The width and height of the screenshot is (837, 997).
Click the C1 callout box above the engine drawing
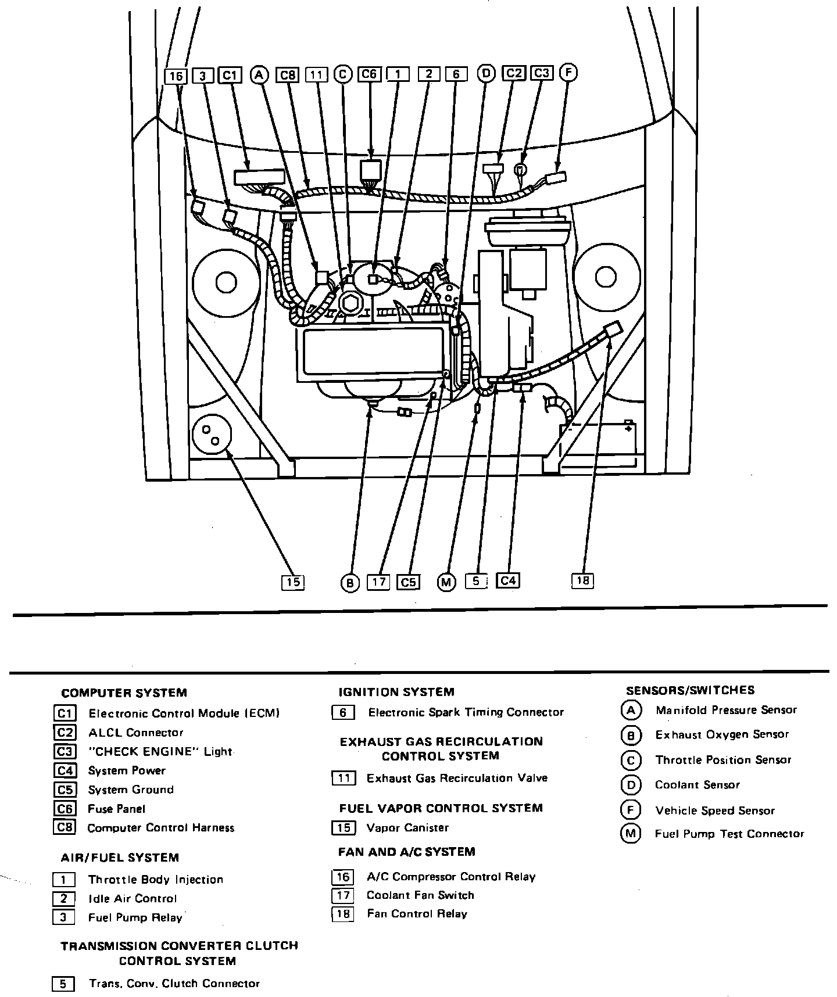[230, 75]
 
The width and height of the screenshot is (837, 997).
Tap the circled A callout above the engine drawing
[259, 75]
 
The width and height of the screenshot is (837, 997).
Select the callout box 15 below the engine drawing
[293, 582]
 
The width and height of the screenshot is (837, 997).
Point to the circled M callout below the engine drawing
[446, 583]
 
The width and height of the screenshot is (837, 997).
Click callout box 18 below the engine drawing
[582, 580]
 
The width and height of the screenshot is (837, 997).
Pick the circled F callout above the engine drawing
[568, 73]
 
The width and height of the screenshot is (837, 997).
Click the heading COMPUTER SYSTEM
[124, 693]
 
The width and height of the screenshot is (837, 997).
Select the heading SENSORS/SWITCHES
[690, 690]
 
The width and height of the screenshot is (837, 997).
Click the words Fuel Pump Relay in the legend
[135, 917]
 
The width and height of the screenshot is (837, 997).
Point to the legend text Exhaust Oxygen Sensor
[722, 734]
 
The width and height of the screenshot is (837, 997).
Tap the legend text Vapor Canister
[407, 827]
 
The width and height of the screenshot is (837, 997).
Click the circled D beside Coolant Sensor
[631, 785]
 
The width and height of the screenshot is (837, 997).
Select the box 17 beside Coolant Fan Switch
[343, 895]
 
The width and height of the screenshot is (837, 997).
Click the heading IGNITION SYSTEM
[396, 692]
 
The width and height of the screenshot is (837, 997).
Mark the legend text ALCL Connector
[135, 733]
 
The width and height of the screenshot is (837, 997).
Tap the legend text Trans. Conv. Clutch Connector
[174, 984]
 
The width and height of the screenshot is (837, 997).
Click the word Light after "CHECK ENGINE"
[218, 751]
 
